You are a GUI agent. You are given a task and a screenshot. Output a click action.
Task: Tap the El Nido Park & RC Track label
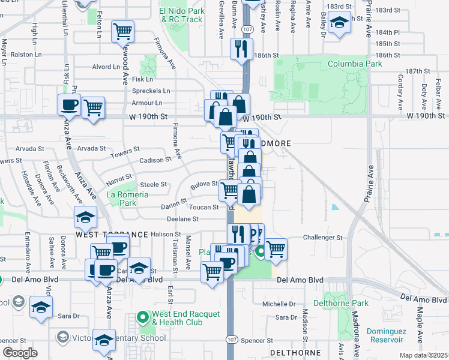[x=181, y=14]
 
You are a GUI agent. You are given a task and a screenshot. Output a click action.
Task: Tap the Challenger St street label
[x=322, y=238]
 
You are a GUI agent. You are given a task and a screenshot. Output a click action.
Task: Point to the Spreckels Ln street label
[x=151, y=91]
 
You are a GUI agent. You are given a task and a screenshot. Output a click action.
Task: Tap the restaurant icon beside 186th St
[x=242, y=48]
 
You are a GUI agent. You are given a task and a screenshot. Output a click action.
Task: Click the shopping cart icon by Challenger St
[x=276, y=248]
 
